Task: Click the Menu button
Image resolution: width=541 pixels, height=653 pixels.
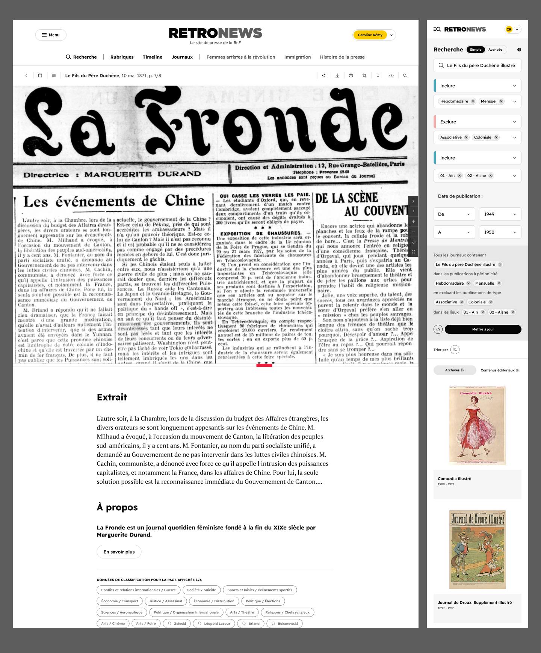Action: [51, 35]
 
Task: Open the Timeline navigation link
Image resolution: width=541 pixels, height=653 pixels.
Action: [153, 57]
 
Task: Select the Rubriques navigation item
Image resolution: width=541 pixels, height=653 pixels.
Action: [122, 57]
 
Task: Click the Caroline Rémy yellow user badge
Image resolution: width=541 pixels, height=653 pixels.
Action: [370, 35]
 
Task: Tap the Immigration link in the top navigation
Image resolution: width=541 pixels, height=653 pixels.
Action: [298, 57]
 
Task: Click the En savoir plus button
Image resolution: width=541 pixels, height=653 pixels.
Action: [119, 552]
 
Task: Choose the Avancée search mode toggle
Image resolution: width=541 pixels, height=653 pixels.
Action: [495, 50]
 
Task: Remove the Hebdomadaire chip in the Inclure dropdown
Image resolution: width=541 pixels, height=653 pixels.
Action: [473, 101]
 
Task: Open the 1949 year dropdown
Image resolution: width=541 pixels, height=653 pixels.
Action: [500, 214]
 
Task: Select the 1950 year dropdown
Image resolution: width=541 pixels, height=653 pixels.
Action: [500, 232]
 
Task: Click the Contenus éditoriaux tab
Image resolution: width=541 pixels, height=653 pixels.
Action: [499, 370]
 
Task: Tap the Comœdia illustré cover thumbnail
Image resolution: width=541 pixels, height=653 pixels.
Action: [477, 425]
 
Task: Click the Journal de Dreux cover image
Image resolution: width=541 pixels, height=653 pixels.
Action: [477, 549]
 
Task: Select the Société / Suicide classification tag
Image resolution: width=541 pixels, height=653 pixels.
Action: [202, 590]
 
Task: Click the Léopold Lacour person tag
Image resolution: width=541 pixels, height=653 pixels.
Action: [214, 624]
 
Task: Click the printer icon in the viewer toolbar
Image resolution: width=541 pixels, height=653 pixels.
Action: [351, 75]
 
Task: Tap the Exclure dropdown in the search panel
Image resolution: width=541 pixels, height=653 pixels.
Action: [477, 122]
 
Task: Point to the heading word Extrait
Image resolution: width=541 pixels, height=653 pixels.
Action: [112, 397]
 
